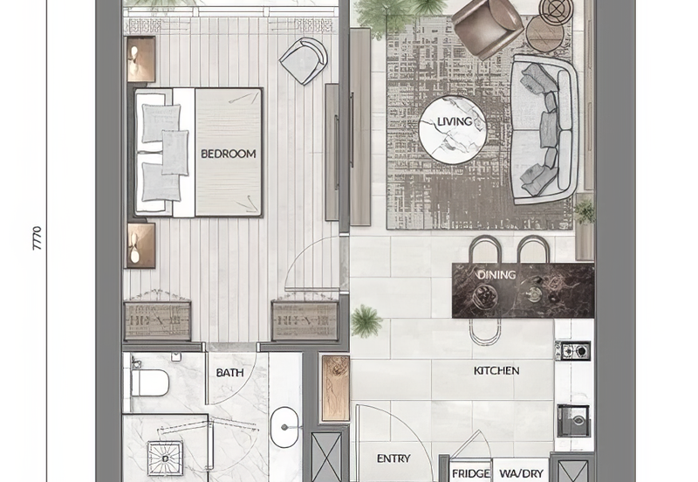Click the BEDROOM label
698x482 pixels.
(229, 154)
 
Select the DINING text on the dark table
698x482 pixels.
(496, 275)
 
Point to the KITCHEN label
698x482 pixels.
(496, 370)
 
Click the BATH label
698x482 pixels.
(229, 373)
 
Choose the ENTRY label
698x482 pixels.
(393, 458)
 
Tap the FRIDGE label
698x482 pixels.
(470, 473)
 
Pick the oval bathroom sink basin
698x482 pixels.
(284, 430)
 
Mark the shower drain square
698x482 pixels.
(163, 455)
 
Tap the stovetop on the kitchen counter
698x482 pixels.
(573, 351)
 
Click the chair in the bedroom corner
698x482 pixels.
(303, 59)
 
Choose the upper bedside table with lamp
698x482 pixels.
(141, 59)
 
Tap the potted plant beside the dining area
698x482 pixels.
(366, 320)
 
